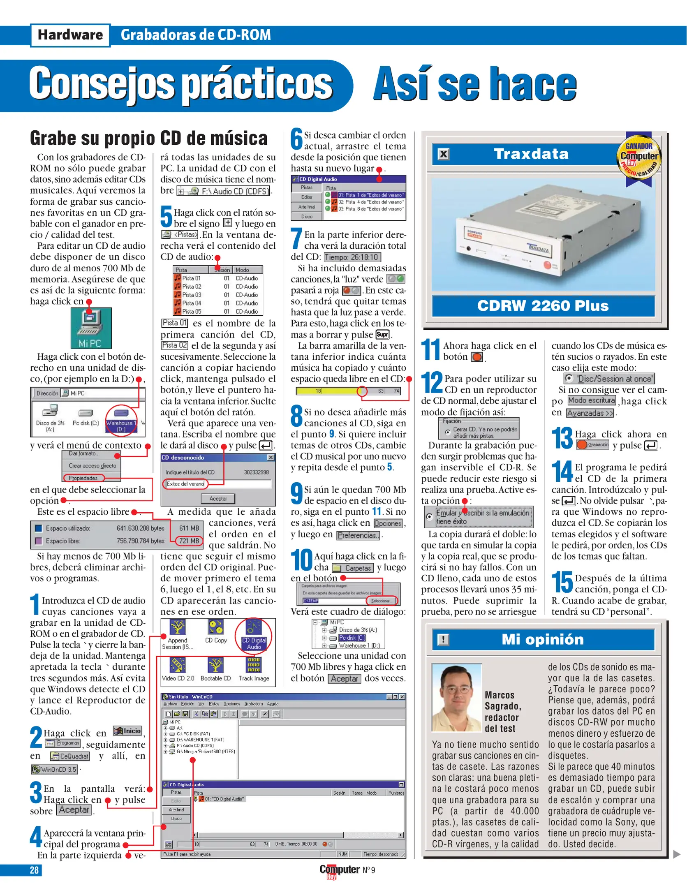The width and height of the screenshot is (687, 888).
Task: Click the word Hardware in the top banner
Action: [70, 35]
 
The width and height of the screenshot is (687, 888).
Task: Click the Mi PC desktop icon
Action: [91, 327]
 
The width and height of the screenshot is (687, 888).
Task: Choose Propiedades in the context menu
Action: [83, 478]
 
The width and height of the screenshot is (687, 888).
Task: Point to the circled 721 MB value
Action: [189, 541]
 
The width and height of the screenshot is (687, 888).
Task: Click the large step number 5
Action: [166, 217]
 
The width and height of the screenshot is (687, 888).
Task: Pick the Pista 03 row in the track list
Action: [192, 295]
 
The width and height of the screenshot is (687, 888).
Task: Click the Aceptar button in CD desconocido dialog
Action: [218, 499]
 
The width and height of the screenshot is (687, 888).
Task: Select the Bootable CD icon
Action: [215, 670]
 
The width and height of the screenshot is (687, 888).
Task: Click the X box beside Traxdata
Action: [443, 155]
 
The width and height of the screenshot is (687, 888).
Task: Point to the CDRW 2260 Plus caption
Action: [543, 306]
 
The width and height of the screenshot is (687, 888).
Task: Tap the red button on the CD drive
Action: [548, 265]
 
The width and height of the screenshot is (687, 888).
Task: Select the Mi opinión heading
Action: [543, 640]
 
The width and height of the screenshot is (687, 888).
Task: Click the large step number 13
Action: [562, 439]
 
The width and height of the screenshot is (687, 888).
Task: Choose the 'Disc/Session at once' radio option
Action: [569, 379]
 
